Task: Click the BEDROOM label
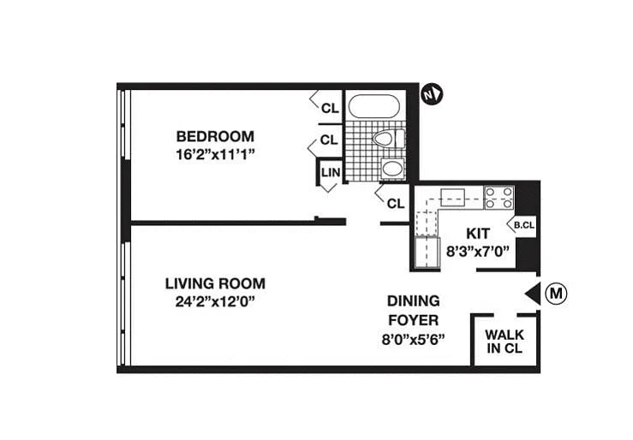pyautogui.click(x=215, y=136)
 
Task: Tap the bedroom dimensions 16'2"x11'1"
pyautogui.click(x=216, y=154)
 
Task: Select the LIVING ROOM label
pyautogui.click(x=215, y=283)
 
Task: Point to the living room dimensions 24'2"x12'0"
pyautogui.click(x=216, y=301)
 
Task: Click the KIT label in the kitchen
pyautogui.click(x=478, y=234)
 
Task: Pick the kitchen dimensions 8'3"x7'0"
pyautogui.click(x=478, y=252)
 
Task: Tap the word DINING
pyautogui.click(x=414, y=300)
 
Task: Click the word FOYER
pyautogui.click(x=414, y=320)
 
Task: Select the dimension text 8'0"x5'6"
pyautogui.click(x=414, y=339)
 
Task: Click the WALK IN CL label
pyautogui.click(x=505, y=342)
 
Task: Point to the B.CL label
pyautogui.click(x=524, y=225)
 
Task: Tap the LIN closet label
pyautogui.click(x=331, y=173)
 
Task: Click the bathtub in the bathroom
pyautogui.click(x=374, y=106)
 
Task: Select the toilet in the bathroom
pyautogui.click(x=389, y=139)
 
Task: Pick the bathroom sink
pyautogui.click(x=392, y=168)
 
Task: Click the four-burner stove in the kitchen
pyautogui.click(x=499, y=198)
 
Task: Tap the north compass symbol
pyautogui.click(x=432, y=94)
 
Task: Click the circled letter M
pyautogui.click(x=556, y=294)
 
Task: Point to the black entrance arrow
pyautogui.click(x=533, y=294)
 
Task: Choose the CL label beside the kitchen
pyautogui.click(x=396, y=204)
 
